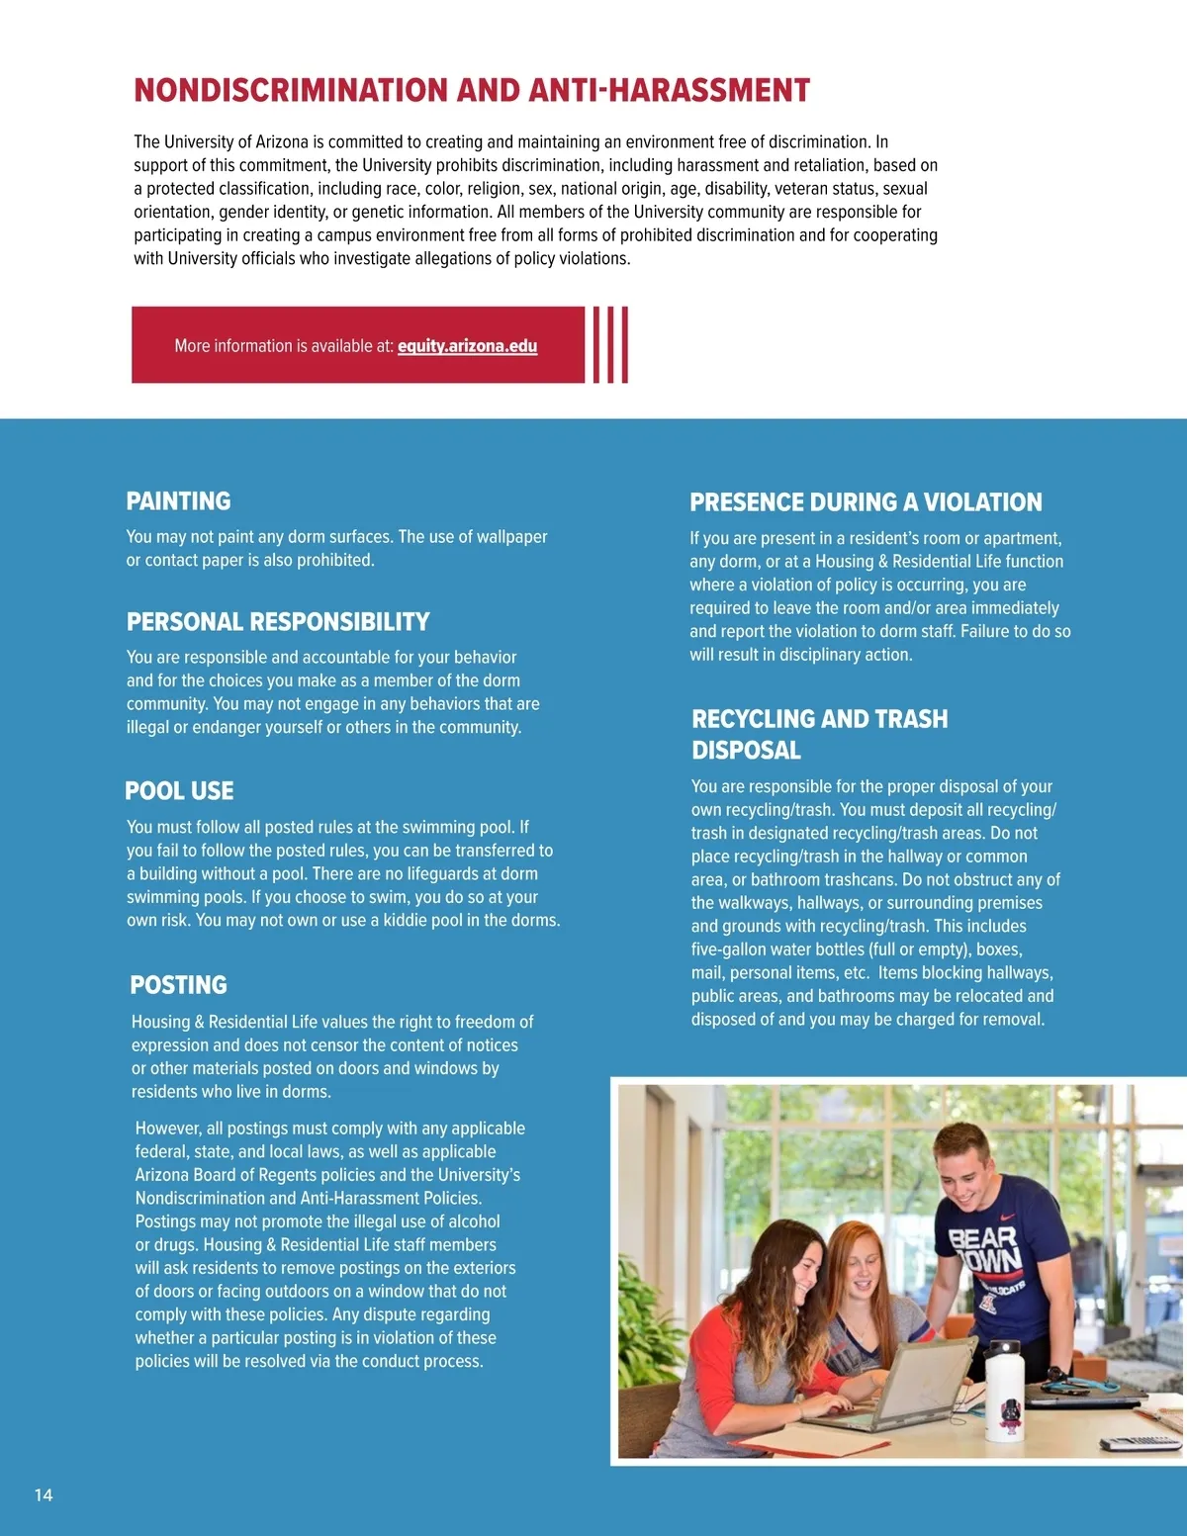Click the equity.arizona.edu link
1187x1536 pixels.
pyautogui.click(x=467, y=346)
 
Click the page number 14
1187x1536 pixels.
pyautogui.click(x=44, y=1494)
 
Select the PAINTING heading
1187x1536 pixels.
pyautogui.click(x=178, y=501)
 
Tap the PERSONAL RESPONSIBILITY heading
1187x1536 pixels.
pyautogui.click(x=278, y=622)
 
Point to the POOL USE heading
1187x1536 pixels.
pyautogui.click(x=179, y=791)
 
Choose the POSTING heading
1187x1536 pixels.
pyautogui.click(x=178, y=985)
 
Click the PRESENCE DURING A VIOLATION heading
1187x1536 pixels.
pyautogui.click(x=866, y=502)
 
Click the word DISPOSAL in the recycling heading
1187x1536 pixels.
pyautogui.click(x=746, y=751)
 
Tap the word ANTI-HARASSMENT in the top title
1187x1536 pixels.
pyautogui.click(x=670, y=91)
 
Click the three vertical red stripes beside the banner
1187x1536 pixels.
pyautogui.click(x=610, y=344)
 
